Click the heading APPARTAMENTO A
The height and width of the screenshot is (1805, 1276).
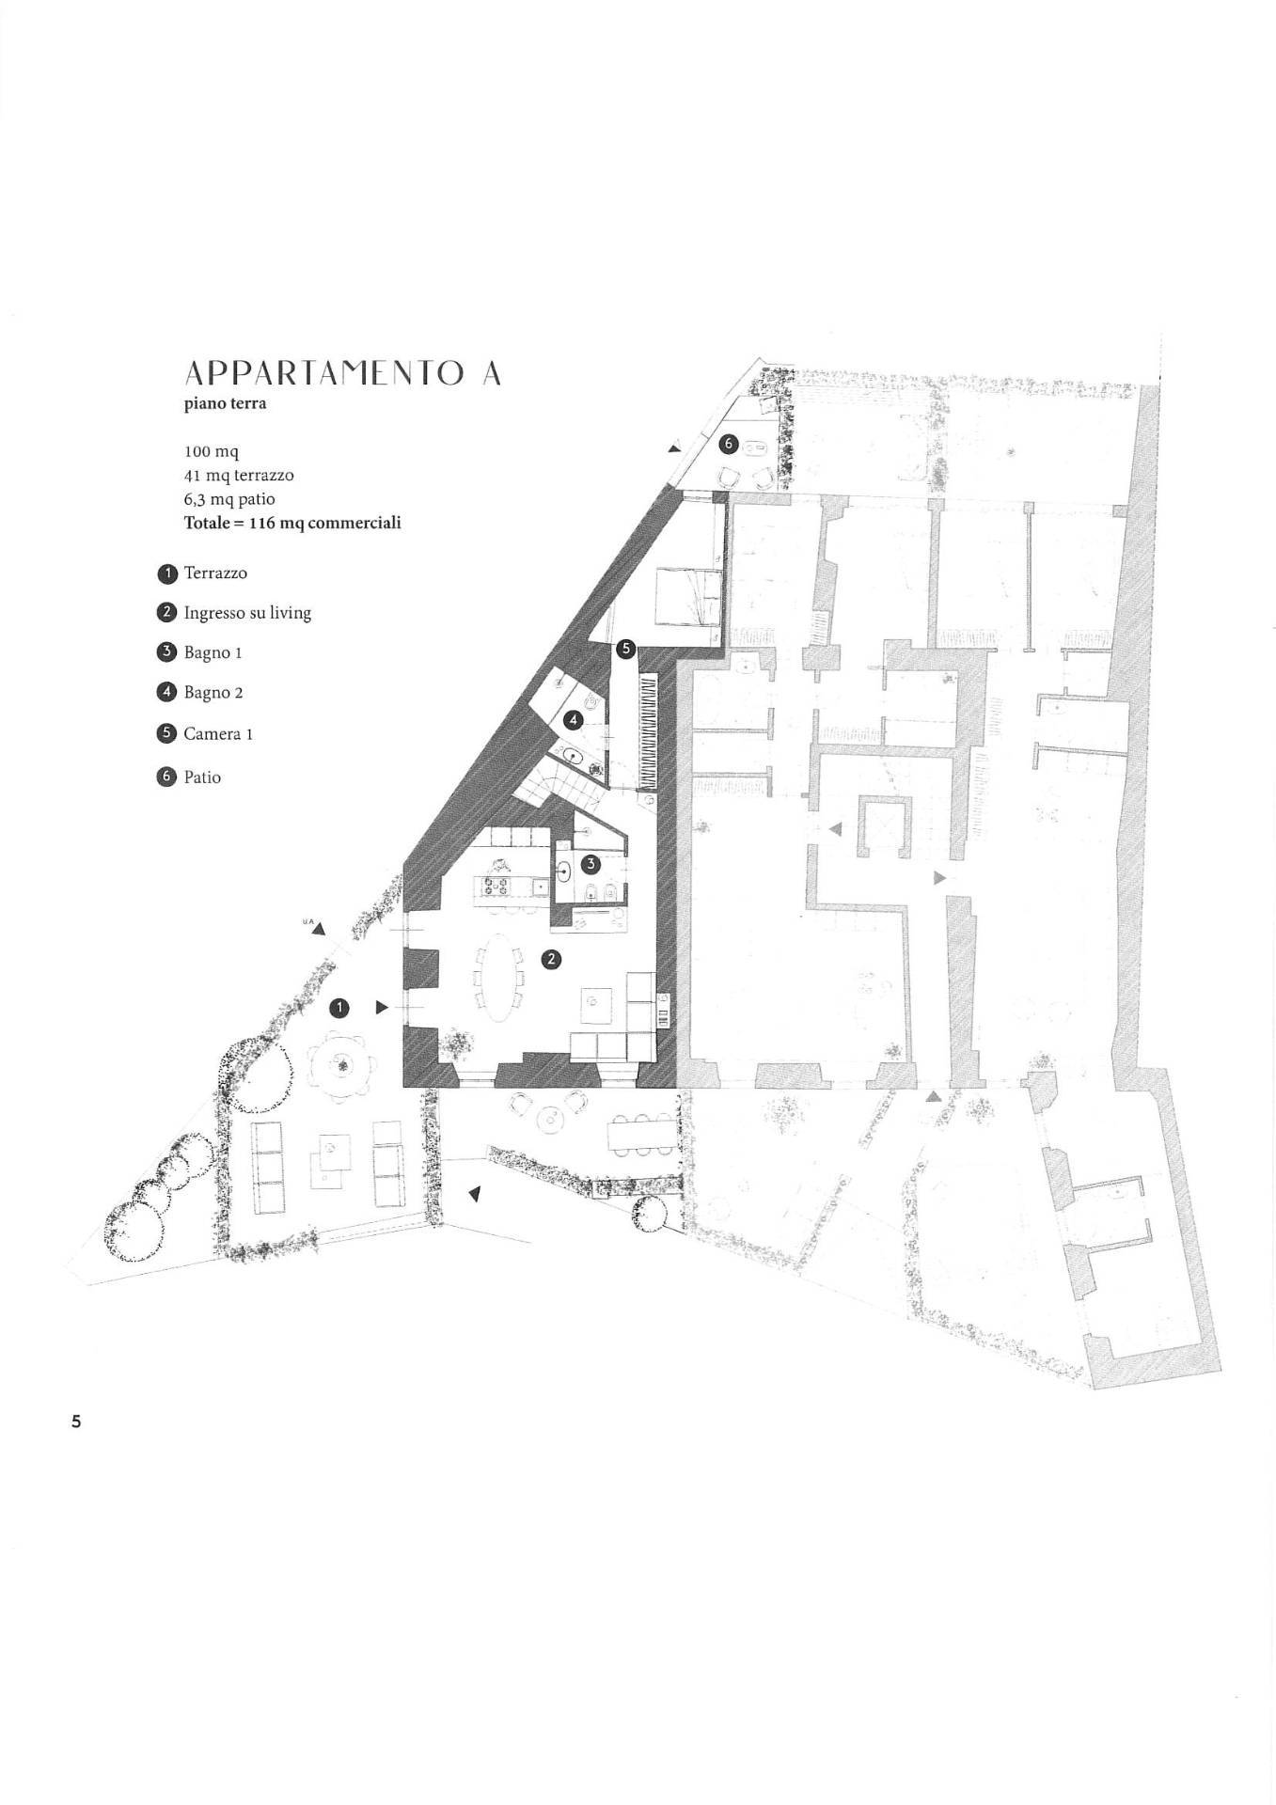(x=342, y=374)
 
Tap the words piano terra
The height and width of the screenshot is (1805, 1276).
(x=225, y=404)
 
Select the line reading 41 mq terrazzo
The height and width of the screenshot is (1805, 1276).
(x=239, y=476)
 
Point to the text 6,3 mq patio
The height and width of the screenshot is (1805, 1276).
(x=229, y=499)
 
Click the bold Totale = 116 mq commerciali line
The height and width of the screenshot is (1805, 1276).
(x=292, y=523)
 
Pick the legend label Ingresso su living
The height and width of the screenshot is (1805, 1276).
(x=247, y=613)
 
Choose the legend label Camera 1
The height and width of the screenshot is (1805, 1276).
(x=218, y=734)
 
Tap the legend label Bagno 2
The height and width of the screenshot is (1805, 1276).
(x=213, y=693)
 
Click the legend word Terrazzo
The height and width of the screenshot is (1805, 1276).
(x=215, y=573)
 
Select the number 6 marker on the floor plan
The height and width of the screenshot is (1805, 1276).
(x=727, y=443)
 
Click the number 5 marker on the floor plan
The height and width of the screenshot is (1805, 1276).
(x=626, y=649)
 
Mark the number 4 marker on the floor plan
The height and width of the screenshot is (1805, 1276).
(x=574, y=720)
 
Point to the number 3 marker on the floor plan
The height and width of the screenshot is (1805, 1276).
(x=591, y=863)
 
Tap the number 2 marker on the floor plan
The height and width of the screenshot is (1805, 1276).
(x=552, y=959)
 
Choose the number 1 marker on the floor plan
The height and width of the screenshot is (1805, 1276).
(x=339, y=1008)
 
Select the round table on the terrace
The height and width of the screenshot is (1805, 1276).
(x=340, y=1063)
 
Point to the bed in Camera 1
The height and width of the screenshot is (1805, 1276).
(x=689, y=597)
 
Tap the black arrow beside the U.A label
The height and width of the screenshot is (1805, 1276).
(x=319, y=929)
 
